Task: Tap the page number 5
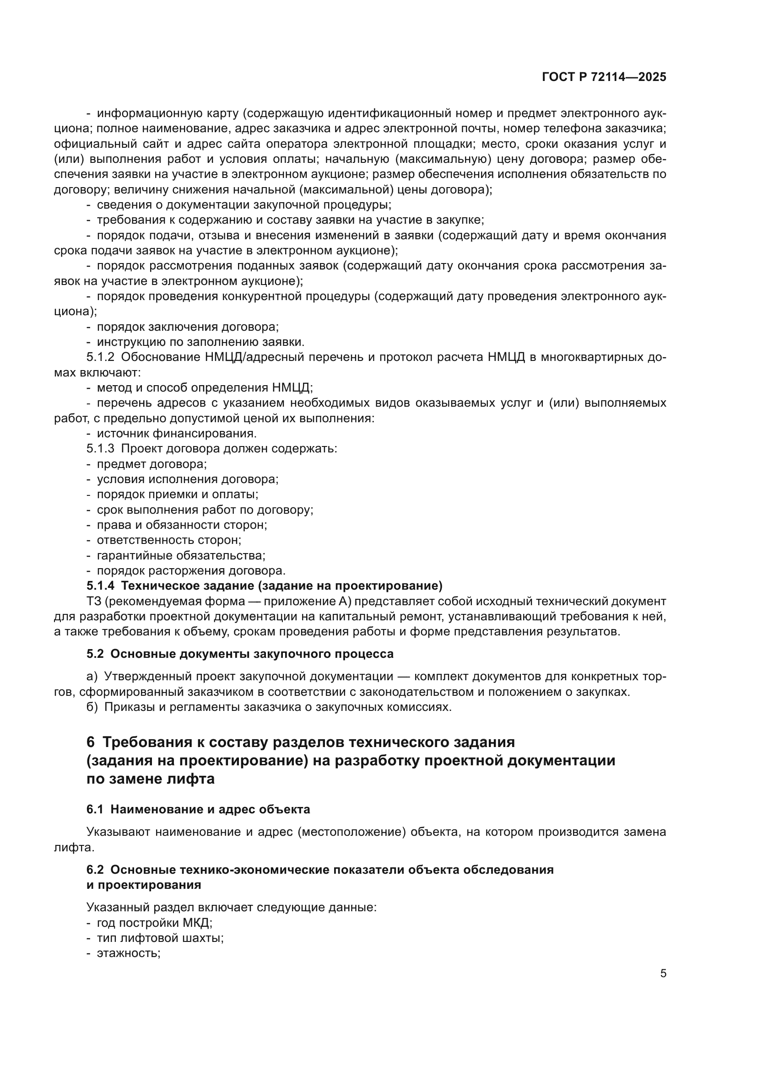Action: click(663, 973)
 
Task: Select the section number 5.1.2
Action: click(100, 357)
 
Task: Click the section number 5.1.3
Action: click(100, 449)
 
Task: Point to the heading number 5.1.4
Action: click(100, 586)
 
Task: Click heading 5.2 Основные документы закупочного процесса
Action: click(240, 654)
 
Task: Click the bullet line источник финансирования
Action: click(176, 433)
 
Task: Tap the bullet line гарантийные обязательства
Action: click(181, 555)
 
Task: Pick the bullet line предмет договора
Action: click(151, 464)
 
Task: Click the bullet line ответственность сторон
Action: click(169, 540)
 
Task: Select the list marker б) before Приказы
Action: click(92, 707)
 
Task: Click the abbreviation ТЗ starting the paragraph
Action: click(93, 601)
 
